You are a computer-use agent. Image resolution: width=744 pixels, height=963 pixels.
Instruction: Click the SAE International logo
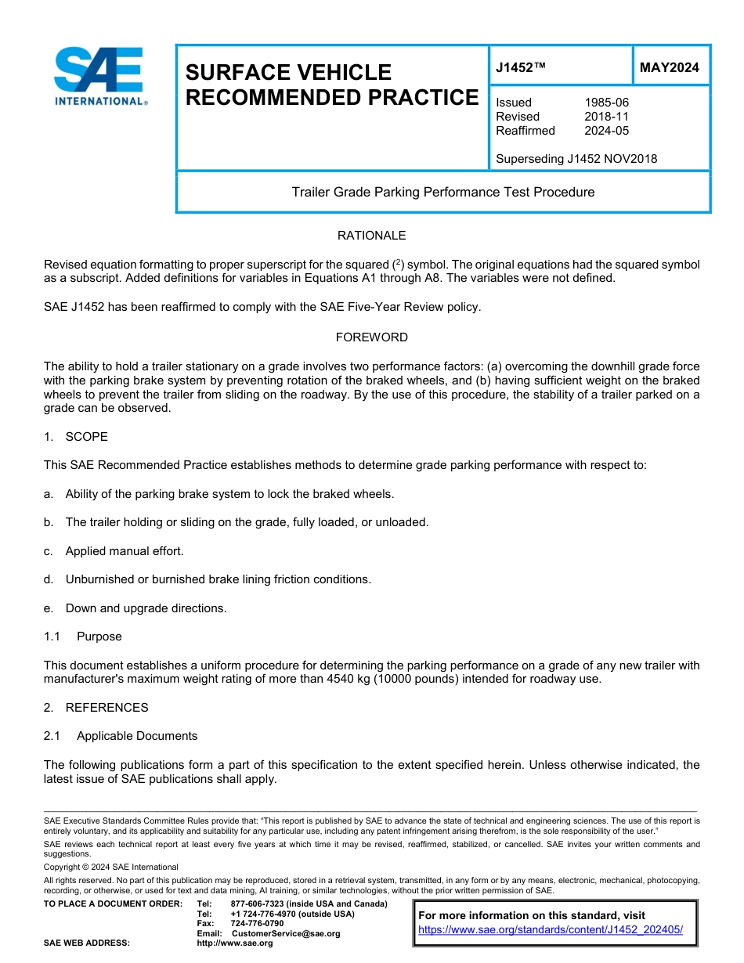click(x=99, y=77)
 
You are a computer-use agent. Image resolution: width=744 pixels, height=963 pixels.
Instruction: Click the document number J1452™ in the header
click(x=520, y=68)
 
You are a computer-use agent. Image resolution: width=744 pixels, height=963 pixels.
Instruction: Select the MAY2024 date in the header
click(x=669, y=68)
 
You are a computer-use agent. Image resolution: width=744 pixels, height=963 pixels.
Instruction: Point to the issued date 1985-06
click(x=606, y=103)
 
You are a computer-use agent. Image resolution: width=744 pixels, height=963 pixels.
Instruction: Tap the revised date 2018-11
click(x=606, y=117)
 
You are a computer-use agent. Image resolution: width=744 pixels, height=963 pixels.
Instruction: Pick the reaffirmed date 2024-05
click(x=606, y=131)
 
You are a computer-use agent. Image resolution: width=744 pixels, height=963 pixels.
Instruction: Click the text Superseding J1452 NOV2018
click(x=576, y=159)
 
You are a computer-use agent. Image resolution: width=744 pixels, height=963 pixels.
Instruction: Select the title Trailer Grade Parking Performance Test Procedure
click(x=442, y=192)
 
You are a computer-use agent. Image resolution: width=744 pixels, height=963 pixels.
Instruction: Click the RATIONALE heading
click(x=371, y=236)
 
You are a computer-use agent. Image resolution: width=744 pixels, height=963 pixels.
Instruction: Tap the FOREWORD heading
click(x=371, y=337)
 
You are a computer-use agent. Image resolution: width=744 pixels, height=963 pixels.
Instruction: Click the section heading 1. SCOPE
click(x=76, y=437)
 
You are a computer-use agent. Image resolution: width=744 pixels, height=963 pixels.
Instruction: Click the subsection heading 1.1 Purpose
click(x=83, y=637)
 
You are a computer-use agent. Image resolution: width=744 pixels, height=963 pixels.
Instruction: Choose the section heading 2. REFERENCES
click(x=96, y=708)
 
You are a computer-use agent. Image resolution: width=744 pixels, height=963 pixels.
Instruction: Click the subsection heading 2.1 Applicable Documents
click(x=121, y=736)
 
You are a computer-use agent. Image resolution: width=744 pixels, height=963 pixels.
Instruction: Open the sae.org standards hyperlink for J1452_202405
click(x=551, y=930)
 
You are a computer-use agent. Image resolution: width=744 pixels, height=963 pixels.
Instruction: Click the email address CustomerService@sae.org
click(x=285, y=933)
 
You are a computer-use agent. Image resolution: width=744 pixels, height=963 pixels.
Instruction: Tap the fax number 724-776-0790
click(x=257, y=924)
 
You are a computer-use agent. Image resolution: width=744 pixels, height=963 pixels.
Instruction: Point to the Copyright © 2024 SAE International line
click(x=111, y=867)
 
